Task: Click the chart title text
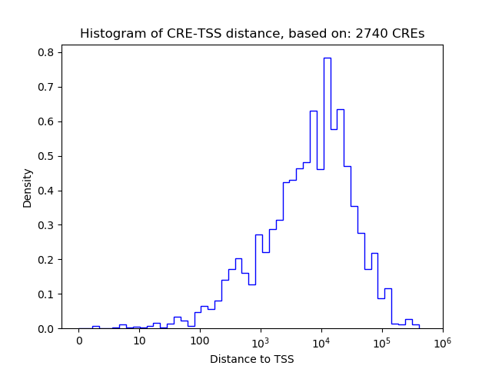pyautogui.click(x=251, y=34)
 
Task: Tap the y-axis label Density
pyautogui.click(x=28, y=188)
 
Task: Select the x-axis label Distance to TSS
pyautogui.click(x=251, y=359)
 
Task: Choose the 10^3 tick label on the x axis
pyautogui.click(x=261, y=341)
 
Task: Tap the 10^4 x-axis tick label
pyautogui.click(x=321, y=341)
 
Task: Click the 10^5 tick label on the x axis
pyautogui.click(x=381, y=341)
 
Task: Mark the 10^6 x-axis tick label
pyautogui.click(x=442, y=341)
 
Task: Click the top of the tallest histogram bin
pyautogui.click(x=327, y=58)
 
